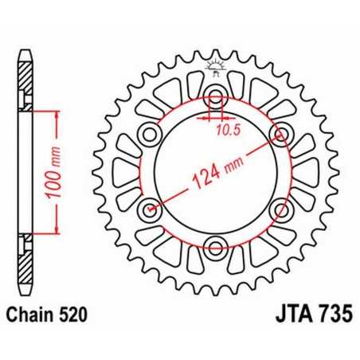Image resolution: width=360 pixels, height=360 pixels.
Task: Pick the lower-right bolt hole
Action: [x=280, y=209]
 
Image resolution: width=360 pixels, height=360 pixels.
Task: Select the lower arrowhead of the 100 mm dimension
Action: [x=56, y=233]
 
